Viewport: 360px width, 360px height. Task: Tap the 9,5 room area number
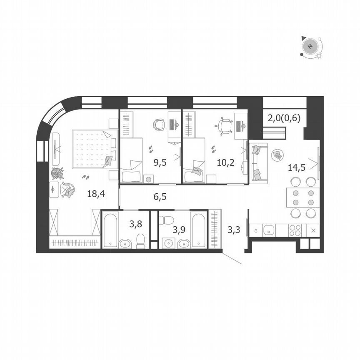160,162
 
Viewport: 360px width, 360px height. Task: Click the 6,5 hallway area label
160,196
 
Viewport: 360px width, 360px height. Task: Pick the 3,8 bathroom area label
135,224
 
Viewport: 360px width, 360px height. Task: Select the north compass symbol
310,46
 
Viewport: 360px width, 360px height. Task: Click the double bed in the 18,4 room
93,149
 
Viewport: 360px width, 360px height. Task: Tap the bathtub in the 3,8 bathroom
111,230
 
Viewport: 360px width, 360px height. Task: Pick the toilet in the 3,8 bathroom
140,240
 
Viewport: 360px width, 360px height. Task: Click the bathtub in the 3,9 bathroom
198,229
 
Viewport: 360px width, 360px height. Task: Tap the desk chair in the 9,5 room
160,124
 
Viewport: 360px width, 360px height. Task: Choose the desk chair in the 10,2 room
225,125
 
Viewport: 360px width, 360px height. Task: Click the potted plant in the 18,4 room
57,173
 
